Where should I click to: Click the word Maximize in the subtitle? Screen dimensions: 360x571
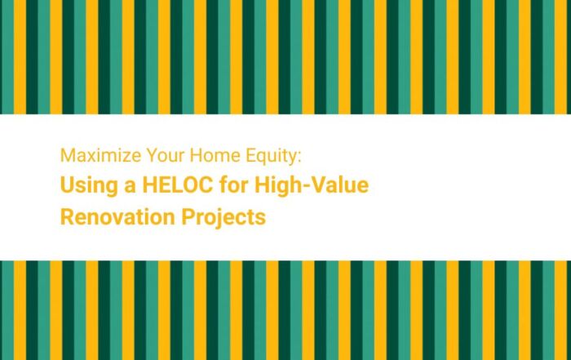(91, 155)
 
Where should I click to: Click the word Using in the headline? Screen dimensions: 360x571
(84, 186)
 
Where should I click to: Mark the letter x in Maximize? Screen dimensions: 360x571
(85, 155)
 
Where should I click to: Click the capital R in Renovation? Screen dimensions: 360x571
(67, 217)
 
